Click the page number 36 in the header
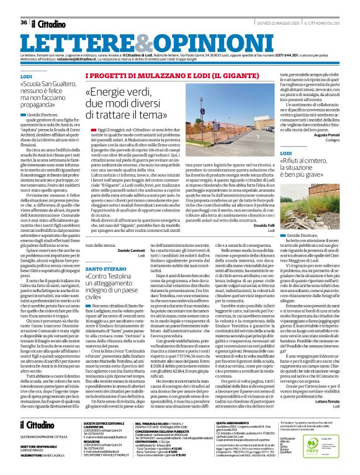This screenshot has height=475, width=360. (24, 22)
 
